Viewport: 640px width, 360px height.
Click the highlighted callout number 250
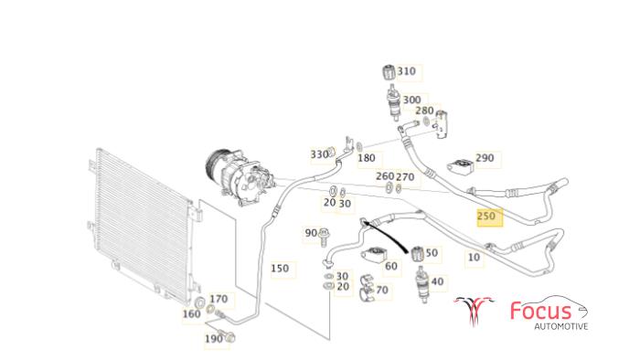click(x=486, y=216)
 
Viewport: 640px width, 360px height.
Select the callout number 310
click(x=407, y=71)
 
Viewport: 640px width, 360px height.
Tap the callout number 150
click(x=280, y=269)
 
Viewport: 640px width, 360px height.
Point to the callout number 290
click(x=485, y=158)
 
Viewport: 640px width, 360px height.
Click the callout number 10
click(x=474, y=258)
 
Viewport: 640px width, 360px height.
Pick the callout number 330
click(x=320, y=154)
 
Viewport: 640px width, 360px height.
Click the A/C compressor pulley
click(x=213, y=168)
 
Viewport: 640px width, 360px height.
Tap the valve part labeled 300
click(x=393, y=104)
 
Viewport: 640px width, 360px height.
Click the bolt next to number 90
click(x=324, y=237)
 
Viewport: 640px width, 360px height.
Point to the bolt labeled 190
click(x=227, y=335)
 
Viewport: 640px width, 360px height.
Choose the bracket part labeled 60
click(x=372, y=256)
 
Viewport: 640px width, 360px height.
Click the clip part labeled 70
click(x=367, y=288)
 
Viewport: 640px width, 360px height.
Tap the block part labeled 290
click(x=460, y=165)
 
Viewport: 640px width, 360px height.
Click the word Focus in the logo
click(x=540, y=311)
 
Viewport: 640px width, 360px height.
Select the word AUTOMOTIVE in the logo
click(x=561, y=326)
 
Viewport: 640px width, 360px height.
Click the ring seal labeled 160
click(x=200, y=303)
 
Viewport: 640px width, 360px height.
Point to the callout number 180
click(x=366, y=158)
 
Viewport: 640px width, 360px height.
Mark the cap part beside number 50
click(x=417, y=254)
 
